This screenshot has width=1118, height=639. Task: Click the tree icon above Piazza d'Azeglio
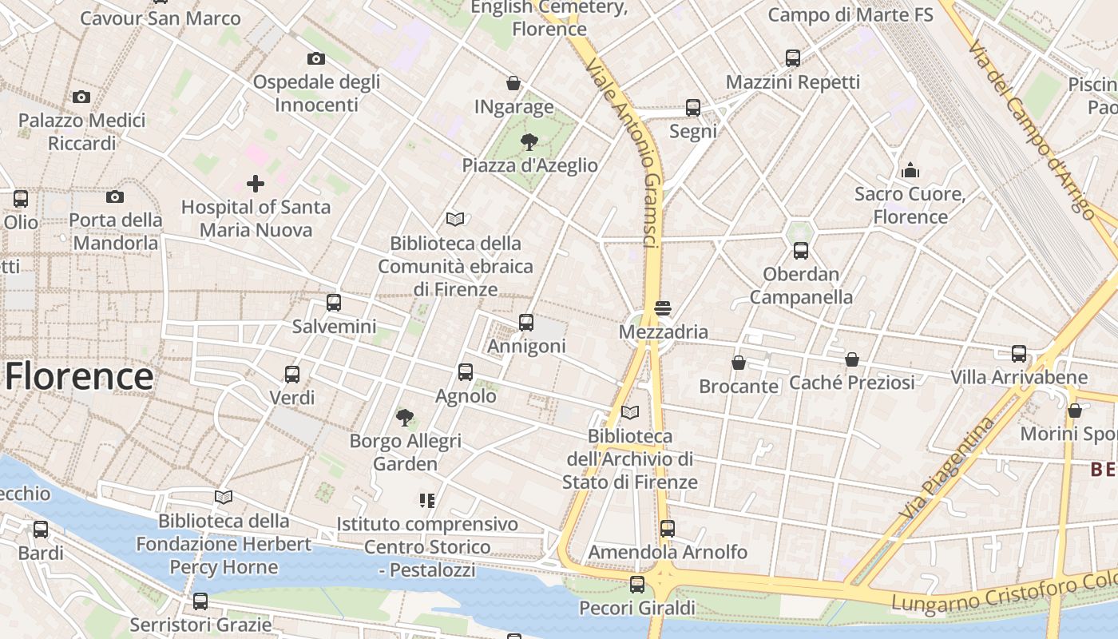[529, 142]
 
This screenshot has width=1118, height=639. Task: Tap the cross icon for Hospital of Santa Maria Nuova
[256, 184]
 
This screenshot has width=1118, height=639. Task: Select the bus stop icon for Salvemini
[334, 303]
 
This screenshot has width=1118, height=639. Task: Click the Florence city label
[79, 376]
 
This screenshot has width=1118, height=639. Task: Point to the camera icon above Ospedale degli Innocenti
[316, 58]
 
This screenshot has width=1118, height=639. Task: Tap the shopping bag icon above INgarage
[513, 83]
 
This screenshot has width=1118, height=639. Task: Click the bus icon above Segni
[693, 108]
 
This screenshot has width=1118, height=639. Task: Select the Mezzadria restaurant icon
[662, 308]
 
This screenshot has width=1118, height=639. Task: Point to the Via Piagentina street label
[947, 467]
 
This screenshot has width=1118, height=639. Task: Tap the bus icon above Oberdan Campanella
[801, 251]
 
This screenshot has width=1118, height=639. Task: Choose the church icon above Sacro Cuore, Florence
[910, 170]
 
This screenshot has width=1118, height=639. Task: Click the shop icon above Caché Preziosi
[852, 359]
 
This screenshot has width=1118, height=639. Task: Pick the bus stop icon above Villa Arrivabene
[1019, 354]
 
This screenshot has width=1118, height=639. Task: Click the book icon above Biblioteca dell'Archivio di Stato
[630, 412]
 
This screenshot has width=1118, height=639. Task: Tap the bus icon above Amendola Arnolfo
[668, 528]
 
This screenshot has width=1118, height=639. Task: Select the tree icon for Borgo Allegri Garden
[405, 417]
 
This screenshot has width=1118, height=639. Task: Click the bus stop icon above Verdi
[292, 374]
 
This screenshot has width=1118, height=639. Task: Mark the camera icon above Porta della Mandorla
[115, 196]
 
